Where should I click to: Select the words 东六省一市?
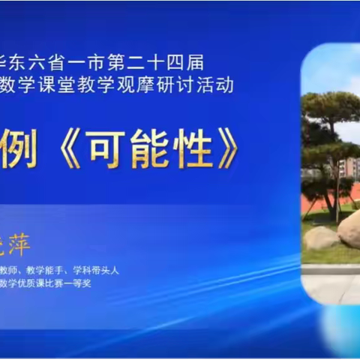point(79,63)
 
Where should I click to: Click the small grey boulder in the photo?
point(322,238)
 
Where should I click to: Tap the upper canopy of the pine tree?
point(330,105)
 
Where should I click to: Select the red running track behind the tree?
point(315,202)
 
